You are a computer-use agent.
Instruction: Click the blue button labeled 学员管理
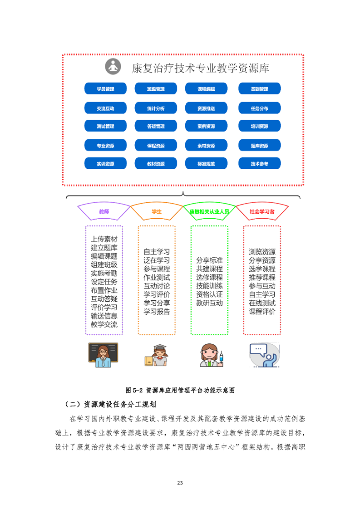coord(105,89)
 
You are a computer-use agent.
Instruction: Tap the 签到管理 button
coord(259,89)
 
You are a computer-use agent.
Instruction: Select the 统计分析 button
coord(156,108)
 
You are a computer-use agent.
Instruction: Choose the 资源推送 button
coord(206,108)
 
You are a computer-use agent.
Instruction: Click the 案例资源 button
coord(206,127)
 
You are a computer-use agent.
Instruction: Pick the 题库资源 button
coord(259,146)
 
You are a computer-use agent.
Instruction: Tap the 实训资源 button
coord(105,164)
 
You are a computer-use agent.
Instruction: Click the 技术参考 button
coord(259,164)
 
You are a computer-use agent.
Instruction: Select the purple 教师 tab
coord(104,211)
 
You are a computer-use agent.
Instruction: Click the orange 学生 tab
coord(157,211)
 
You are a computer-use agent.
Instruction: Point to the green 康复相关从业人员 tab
coord(209,211)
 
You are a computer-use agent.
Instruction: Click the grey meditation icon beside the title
coord(113,67)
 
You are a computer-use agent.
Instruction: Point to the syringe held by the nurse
coord(222,357)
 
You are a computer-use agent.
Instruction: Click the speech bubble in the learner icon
coord(257,349)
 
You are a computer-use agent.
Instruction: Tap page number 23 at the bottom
coord(180,482)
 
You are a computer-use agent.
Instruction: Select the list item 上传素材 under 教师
coord(104,239)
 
